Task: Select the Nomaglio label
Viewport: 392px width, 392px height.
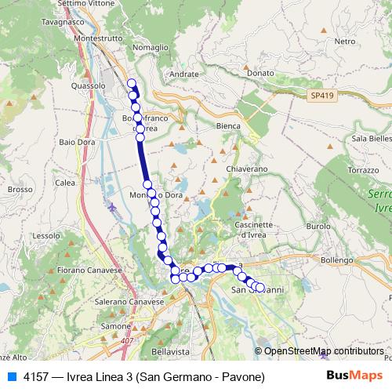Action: click(x=151, y=47)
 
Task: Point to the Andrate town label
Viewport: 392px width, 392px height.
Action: click(x=184, y=74)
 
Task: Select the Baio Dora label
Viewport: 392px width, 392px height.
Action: click(x=77, y=143)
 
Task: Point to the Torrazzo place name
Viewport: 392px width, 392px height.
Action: click(x=363, y=170)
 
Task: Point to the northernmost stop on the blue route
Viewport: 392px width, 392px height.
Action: click(x=132, y=84)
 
